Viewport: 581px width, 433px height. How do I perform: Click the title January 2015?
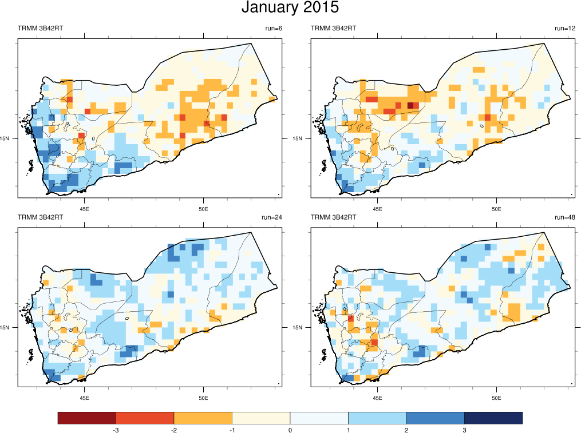click(290, 8)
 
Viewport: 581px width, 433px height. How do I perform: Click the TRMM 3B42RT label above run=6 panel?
click(41, 29)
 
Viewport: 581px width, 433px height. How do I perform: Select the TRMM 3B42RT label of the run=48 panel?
click(333, 217)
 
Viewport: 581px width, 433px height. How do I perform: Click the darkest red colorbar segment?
click(87, 418)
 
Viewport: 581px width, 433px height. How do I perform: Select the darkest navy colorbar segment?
click(493, 418)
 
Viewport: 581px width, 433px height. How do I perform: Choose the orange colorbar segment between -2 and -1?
click(203, 418)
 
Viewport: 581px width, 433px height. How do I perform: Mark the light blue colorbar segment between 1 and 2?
click(377, 418)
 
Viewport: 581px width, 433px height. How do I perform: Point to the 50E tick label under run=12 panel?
click(496, 208)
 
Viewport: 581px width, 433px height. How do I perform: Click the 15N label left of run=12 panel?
click(298, 138)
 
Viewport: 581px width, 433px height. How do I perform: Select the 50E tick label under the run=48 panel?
click(496, 398)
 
